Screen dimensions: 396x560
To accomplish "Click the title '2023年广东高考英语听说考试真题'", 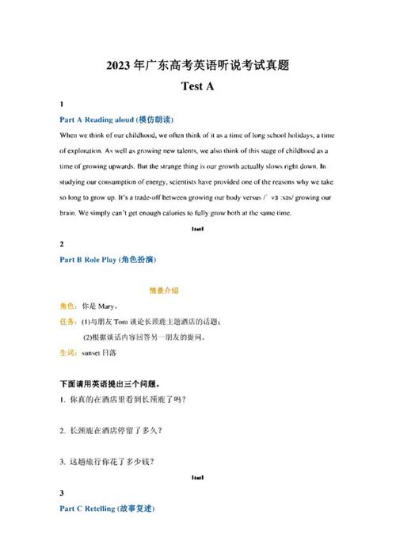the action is [197, 65].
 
